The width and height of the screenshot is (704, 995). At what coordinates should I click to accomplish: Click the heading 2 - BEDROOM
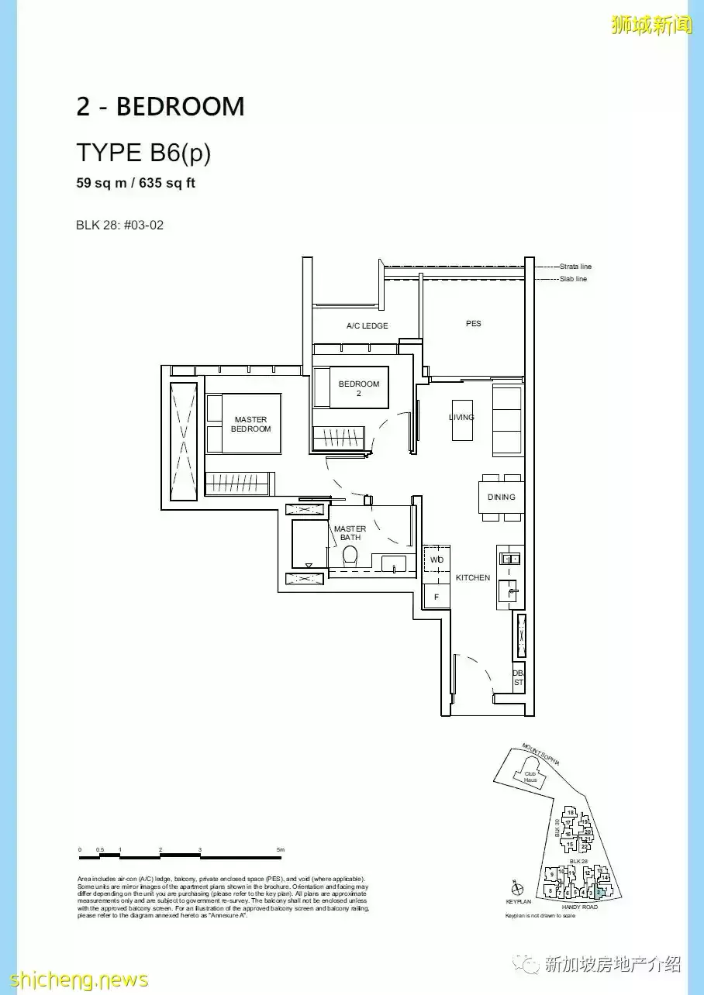coord(160,107)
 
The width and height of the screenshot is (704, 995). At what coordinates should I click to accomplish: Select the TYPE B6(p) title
coord(143,153)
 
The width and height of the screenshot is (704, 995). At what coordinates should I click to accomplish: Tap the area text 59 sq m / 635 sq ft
coord(135,184)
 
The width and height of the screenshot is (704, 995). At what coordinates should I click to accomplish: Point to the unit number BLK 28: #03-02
coord(119,226)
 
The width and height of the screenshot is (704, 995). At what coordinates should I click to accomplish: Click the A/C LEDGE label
coord(367,326)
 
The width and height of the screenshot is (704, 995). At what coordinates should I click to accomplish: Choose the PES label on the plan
coord(473,323)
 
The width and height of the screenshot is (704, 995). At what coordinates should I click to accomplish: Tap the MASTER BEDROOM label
coord(250,424)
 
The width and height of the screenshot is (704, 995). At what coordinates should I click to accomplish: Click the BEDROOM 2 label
coord(359,388)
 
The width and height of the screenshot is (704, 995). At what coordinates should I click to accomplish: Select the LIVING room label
coord(461,417)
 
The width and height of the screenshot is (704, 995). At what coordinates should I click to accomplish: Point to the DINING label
coord(501,497)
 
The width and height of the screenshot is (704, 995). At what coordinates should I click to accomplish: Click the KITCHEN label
coord(473,578)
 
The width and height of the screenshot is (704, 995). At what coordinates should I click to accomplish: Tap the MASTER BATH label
coord(350,533)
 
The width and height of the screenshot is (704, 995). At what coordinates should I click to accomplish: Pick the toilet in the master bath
coord(350,555)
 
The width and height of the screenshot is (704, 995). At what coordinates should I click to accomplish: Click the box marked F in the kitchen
coord(437,597)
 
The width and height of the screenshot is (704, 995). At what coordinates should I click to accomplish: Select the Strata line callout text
coord(575,267)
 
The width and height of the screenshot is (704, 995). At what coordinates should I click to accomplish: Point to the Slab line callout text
coord(573,279)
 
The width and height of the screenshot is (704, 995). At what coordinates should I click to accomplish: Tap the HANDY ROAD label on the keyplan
coord(579,907)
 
